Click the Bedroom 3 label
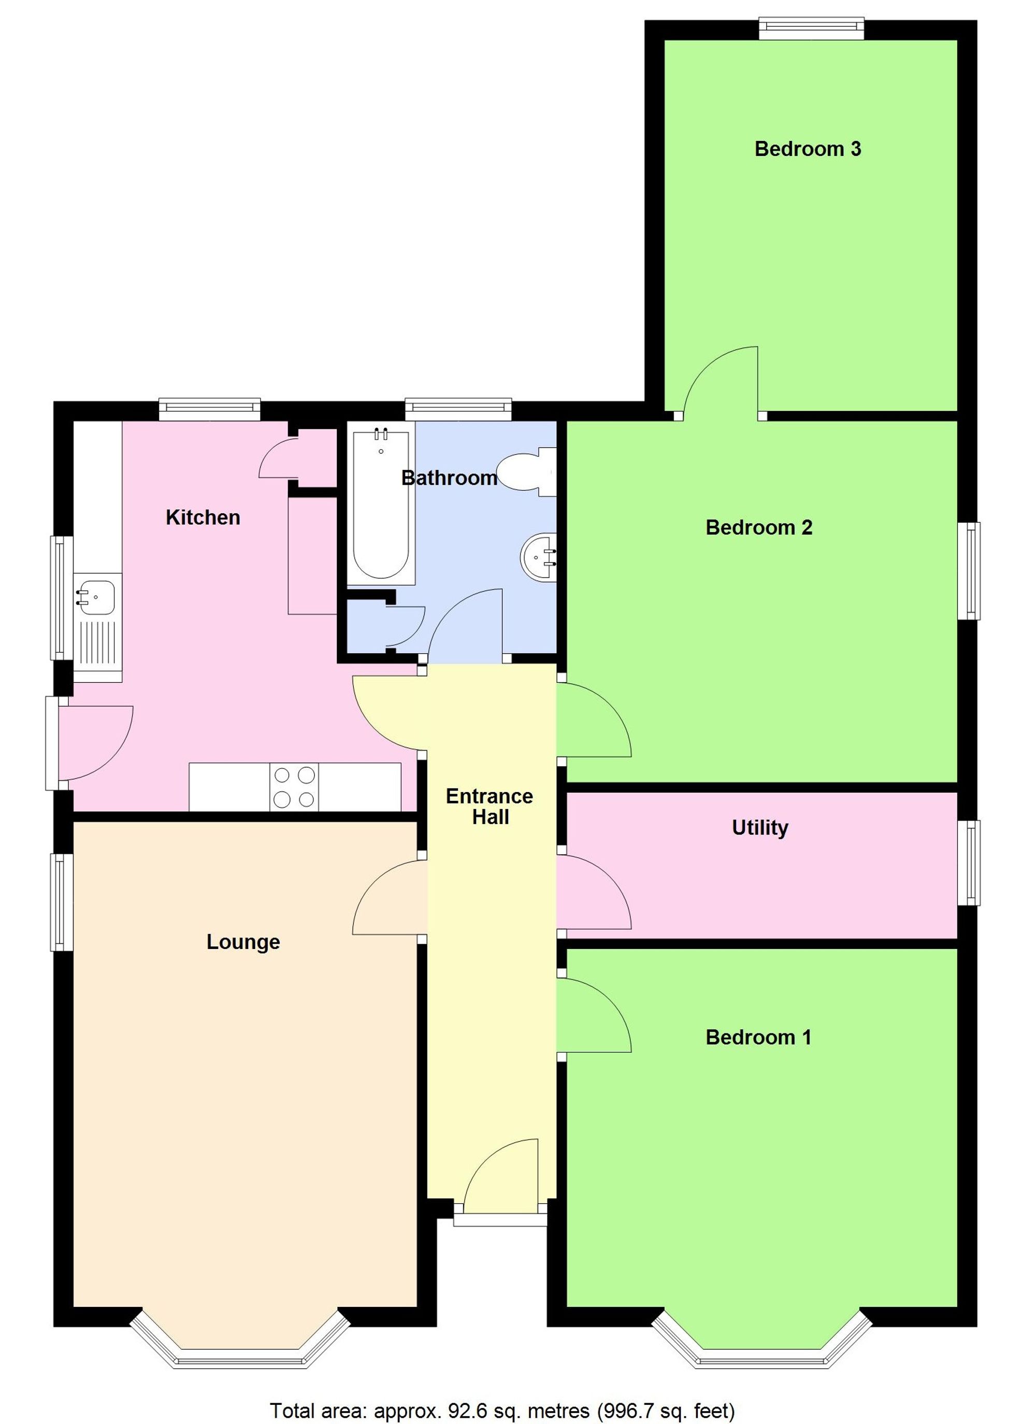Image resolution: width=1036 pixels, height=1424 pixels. [x=808, y=149]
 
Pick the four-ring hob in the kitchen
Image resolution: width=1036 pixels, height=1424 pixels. [x=294, y=787]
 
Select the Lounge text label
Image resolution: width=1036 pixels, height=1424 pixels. [x=243, y=941]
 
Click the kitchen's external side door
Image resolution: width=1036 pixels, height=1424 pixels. [x=94, y=742]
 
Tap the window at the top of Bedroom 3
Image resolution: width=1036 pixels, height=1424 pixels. [x=811, y=29]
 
